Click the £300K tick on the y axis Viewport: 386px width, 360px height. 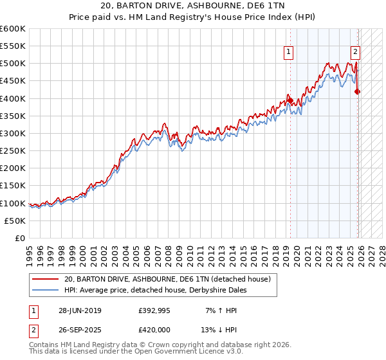13,133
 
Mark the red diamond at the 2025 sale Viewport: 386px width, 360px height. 358,92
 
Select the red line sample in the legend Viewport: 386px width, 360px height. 45,279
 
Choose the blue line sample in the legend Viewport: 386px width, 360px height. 45,290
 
